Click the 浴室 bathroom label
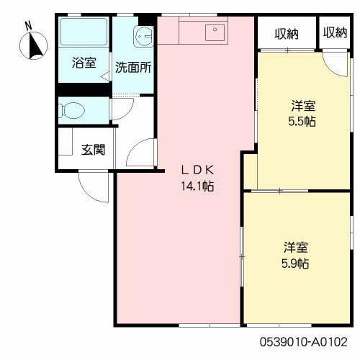point(84,63)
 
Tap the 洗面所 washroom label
point(133,68)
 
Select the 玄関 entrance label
point(93,150)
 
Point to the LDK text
point(197,170)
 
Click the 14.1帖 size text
point(197,186)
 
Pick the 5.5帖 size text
point(302,122)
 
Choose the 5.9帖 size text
point(295,264)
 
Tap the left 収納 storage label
point(287,34)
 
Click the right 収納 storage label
point(335,32)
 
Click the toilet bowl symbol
point(72,111)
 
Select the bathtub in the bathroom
point(84,32)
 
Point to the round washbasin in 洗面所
point(143,37)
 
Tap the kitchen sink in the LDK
point(215,32)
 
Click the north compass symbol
point(33,45)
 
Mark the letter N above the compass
point(29,26)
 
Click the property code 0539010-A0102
point(304,342)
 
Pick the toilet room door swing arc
point(127,112)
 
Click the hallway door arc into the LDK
point(135,147)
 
